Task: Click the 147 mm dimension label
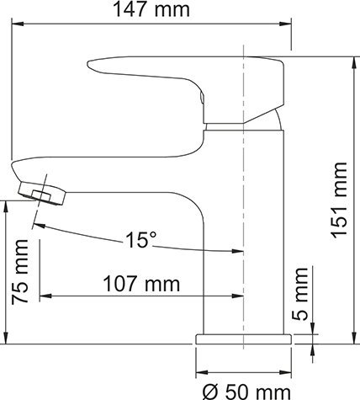tap(151, 9)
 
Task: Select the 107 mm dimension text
tap(141, 284)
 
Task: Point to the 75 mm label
tap(20, 272)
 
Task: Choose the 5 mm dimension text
tap(299, 294)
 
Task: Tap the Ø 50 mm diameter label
tap(246, 392)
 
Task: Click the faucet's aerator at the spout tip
tap(42, 194)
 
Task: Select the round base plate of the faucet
tap(243, 339)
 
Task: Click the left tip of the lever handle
tap(88, 63)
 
